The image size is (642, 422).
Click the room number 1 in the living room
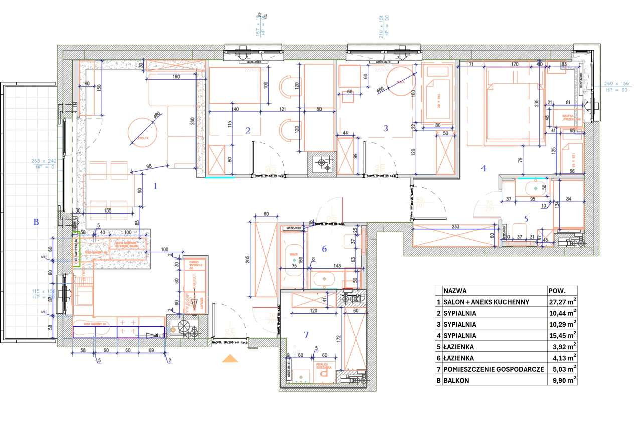(x=155, y=186)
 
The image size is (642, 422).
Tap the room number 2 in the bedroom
(x=248, y=131)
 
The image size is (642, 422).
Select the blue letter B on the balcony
(x=36, y=221)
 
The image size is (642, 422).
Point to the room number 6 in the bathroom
(x=324, y=249)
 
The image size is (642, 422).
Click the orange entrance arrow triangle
(x=230, y=358)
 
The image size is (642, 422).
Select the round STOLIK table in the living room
(x=142, y=132)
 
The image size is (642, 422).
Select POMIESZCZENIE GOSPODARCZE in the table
(x=494, y=369)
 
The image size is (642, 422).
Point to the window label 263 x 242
(x=44, y=161)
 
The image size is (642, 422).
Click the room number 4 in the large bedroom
(x=483, y=169)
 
